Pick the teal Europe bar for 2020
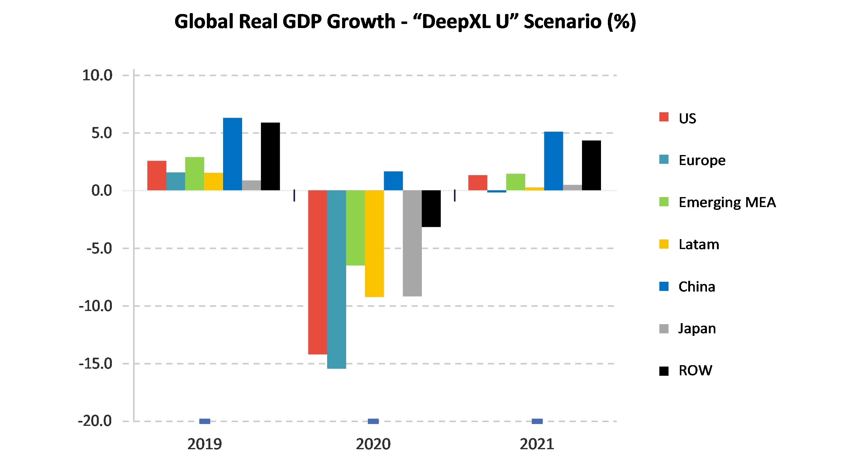tap(336, 280)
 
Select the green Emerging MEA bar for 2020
tap(355, 228)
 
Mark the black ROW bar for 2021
tap(591, 165)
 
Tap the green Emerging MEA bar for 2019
tap(194, 174)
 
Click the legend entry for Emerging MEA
tap(727, 202)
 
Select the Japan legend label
tap(697, 328)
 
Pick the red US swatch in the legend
tap(664, 117)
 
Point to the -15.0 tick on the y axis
tap(95, 364)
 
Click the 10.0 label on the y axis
tap(97, 75)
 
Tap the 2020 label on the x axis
tap(373, 444)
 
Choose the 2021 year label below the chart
tap(537, 444)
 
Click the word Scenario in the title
tap(562, 22)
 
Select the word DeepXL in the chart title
tap(456, 22)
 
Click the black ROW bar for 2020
tap(431, 208)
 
